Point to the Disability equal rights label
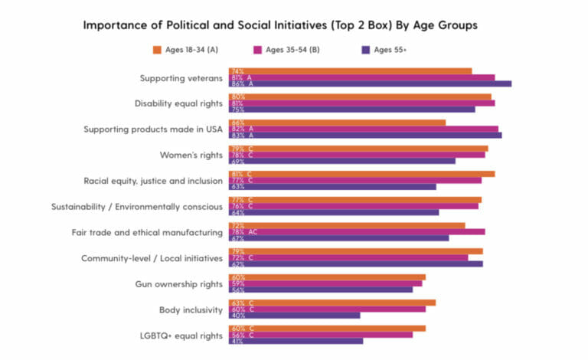(x=178, y=103)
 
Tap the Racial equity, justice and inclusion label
(x=153, y=181)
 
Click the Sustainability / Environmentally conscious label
(x=137, y=207)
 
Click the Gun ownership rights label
(x=179, y=284)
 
